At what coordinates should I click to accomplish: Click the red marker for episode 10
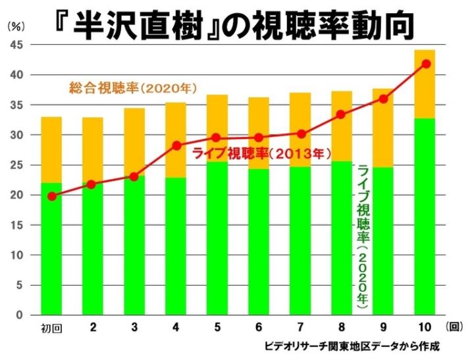[x=426, y=64]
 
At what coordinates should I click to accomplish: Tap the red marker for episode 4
[x=176, y=145]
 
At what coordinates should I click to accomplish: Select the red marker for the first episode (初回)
[x=52, y=196]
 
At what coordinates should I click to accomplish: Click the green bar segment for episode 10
[x=425, y=217]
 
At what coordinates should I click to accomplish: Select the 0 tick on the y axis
[x=20, y=315]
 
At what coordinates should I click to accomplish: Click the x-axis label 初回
[x=52, y=327]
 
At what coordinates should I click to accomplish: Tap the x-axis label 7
[x=301, y=326]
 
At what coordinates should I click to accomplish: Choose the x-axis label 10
[x=425, y=326]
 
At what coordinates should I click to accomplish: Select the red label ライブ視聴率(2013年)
[x=260, y=154]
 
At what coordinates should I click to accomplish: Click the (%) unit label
[x=16, y=27]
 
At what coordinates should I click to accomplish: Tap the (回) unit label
[x=454, y=326]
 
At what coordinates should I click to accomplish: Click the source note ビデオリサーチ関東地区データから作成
[x=352, y=345]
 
